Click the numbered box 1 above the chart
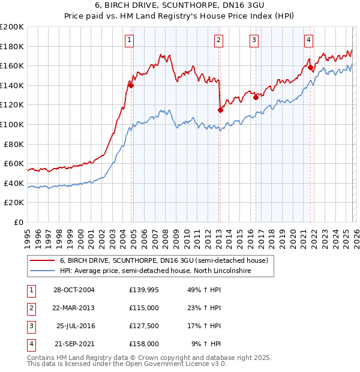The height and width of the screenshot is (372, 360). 130,40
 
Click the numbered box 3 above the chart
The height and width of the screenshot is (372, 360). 254,40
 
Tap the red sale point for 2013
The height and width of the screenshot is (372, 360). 220,110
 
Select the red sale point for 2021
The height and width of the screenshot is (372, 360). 310,68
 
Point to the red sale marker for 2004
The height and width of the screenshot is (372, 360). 131,85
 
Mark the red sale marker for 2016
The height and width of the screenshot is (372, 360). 256,97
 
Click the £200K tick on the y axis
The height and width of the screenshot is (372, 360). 12,27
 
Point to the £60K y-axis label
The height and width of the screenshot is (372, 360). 14,163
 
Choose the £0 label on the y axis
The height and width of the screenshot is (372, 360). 19,222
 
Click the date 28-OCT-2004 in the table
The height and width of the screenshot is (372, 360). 73,290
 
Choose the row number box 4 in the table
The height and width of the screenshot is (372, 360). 30,344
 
